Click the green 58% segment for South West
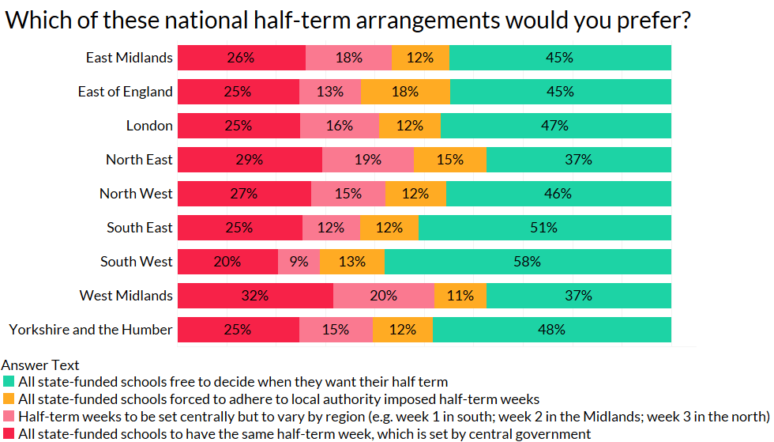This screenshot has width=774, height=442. click(528, 262)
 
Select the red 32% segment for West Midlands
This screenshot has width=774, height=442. click(255, 296)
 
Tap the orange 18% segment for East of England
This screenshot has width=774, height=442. click(405, 92)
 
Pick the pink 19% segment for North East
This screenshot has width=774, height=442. click(367, 160)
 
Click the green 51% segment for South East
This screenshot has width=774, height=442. click(544, 228)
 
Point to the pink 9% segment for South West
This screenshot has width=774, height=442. click(299, 262)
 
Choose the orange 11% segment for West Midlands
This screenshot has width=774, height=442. click(460, 296)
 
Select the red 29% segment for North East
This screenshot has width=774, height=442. click(250, 160)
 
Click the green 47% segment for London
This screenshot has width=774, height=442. click(555, 126)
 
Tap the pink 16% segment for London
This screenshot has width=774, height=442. click(339, 126)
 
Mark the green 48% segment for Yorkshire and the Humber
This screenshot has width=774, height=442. click(551, 330)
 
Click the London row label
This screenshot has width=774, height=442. click(149, 126)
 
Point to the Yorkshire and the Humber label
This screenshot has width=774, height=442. click(91, 330)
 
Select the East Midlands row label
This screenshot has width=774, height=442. click(130, 58)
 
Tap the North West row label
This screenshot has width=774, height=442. click(136, 194)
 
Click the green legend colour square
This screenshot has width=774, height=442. click(8, 382)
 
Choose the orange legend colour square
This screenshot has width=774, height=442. click(8, 399)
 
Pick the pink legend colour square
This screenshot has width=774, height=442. click(8, 417)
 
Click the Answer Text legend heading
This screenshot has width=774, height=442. click(40, 365)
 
